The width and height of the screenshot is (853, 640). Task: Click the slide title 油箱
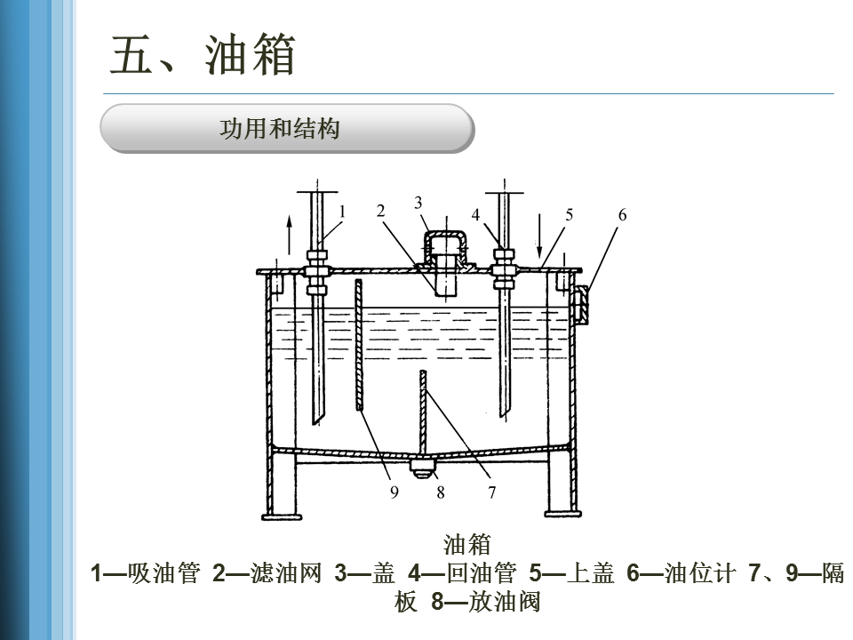pyautogui.click(x=203, y=56)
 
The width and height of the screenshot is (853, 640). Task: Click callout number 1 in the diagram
pyautogui.click(x=342, y=211)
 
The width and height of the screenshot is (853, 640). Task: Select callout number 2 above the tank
pyautogui.click(x=380, y=211)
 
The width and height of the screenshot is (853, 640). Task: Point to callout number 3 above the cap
pyautogui.click(x=419, y=203)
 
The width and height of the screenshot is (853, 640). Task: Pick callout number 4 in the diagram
pyautogui.click(x=476, y=215)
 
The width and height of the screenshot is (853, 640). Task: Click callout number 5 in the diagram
pyautogui.click(x=570, y=214)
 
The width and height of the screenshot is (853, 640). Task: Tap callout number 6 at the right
pyautogui.click(x=622, y=214)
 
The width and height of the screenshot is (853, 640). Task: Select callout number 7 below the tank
pyautogui.click(x=491, y=492)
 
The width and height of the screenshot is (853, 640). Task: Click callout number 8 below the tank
pyautogui.click(x=440, y=492)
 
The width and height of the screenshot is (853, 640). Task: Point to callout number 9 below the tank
pyautogui.click(x=394, y=492)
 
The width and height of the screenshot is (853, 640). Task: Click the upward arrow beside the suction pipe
pyautogui.click(x=287, y=235)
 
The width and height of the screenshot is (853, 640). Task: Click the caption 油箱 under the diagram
pyautogui.click(x=466, y=543)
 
